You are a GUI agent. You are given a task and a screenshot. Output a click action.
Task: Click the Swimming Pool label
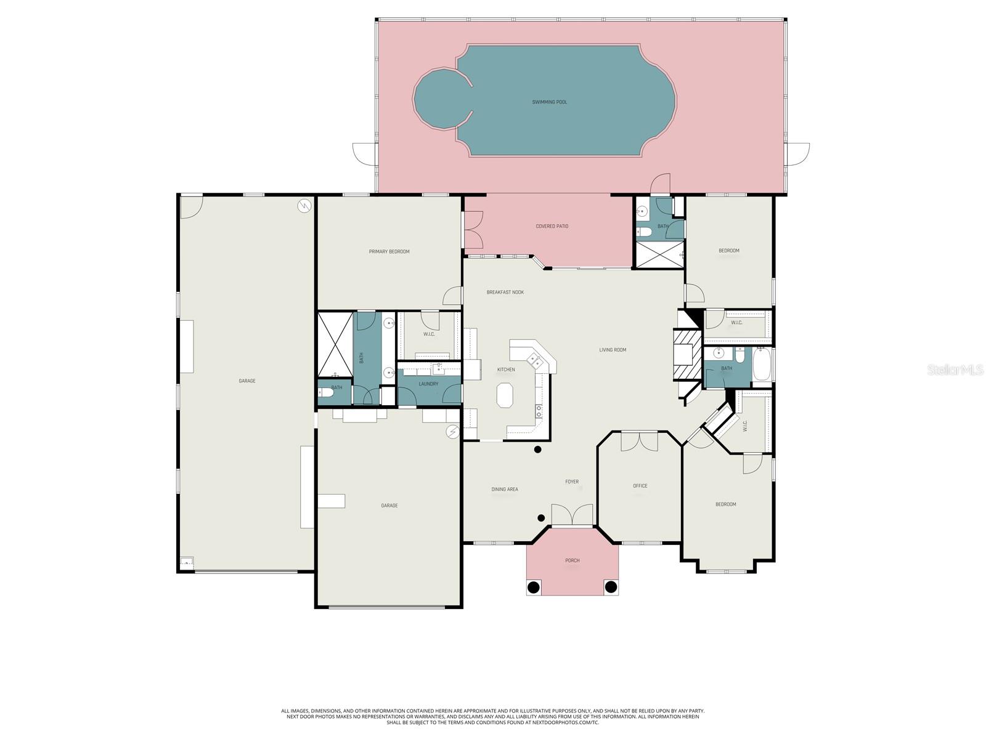549,102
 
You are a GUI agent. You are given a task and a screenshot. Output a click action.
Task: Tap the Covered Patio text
552,227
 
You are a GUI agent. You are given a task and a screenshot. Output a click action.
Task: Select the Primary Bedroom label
389,252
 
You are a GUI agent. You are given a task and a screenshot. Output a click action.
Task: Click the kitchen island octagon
505,395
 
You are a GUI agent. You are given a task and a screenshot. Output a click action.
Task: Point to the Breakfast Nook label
505,293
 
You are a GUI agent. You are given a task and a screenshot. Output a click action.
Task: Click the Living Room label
613,350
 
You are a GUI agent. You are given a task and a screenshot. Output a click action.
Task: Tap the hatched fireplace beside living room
687,355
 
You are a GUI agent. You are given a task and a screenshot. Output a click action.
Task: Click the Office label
640,486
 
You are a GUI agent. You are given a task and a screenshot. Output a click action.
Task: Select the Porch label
572,560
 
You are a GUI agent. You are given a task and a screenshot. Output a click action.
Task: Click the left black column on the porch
534,587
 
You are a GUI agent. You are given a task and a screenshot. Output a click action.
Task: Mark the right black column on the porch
611,587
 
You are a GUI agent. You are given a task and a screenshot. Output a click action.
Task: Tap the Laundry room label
428,384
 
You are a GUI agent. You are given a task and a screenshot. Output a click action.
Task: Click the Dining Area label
504,490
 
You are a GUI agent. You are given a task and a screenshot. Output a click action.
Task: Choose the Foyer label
572,482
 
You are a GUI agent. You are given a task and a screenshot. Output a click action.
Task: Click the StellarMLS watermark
955,369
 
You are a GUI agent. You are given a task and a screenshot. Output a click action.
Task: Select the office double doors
640,442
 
